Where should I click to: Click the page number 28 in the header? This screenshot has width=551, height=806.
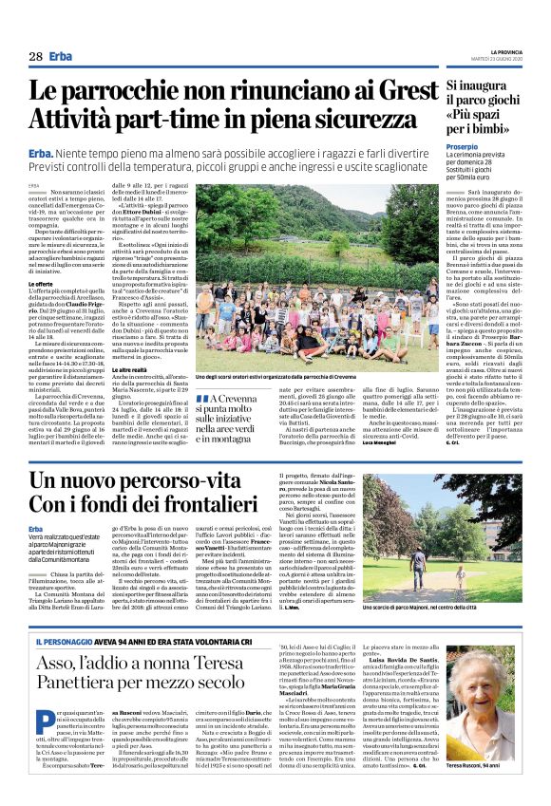pos(35,57)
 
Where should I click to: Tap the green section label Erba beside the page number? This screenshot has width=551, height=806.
pos(61,57)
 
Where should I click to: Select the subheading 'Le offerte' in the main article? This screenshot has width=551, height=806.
pos(40,284)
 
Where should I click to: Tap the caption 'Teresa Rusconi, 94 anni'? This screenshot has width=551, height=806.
pos(495,792)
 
